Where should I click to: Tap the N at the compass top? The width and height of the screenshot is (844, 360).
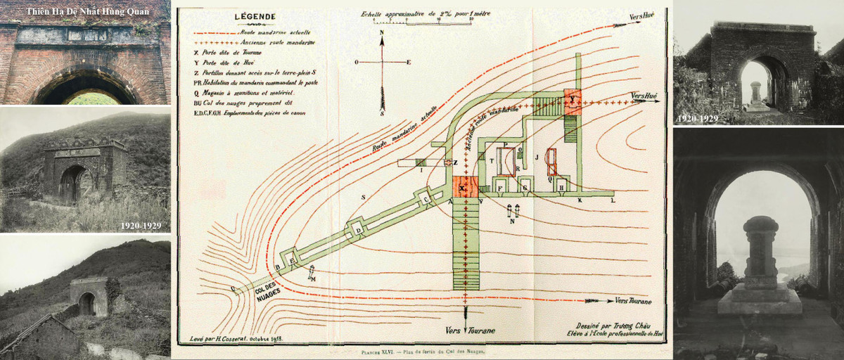(381, 33)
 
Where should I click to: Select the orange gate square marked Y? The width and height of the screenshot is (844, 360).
(574, 102)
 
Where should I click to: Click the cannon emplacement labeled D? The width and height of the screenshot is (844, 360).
(358, 230)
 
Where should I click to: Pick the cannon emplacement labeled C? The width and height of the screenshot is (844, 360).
(427, 200)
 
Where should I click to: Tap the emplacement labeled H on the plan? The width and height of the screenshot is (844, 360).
(562, 186)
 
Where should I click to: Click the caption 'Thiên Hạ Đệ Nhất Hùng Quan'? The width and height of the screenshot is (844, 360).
(85, 11)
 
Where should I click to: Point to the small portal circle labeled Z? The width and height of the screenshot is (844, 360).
(449, 163)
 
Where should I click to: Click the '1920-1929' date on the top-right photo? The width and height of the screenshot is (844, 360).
(697, 119)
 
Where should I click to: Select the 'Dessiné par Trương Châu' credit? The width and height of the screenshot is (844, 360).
(609, 326)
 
